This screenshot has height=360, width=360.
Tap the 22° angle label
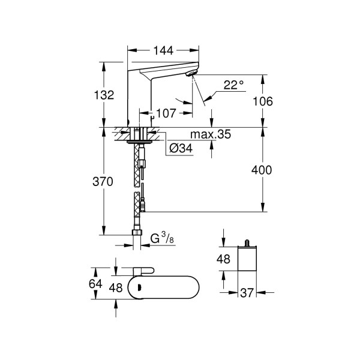click(233, 85)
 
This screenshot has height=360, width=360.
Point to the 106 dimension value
click(262, 101)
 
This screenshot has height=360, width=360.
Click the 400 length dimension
click(262, 170)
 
